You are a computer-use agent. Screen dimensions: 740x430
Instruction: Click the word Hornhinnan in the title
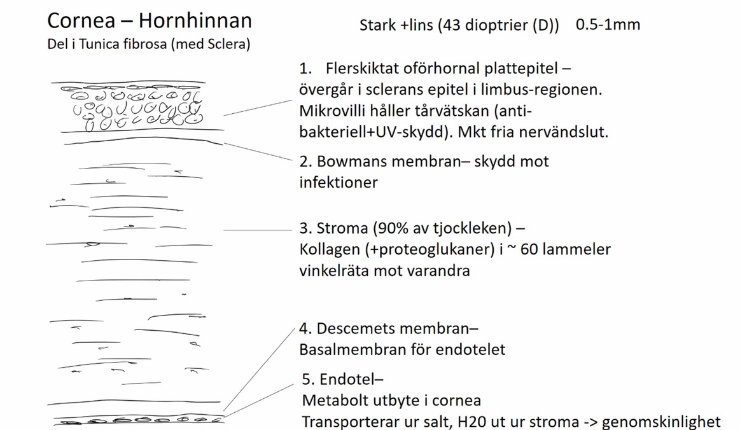click(195, 21)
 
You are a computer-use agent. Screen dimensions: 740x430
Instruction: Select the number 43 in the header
click(450, 25)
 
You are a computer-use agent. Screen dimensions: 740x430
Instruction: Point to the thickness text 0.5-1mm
click(608, 25)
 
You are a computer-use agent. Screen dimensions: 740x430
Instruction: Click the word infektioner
click(339, 183)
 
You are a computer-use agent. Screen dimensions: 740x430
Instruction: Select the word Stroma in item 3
click(343, 228)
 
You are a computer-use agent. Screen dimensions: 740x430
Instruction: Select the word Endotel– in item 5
click(351, 380)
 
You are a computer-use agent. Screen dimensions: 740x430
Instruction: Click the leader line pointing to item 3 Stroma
click(257, 230)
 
